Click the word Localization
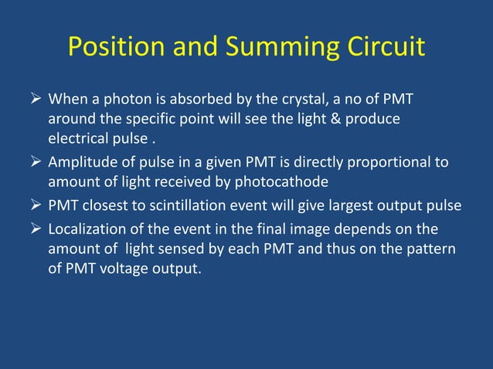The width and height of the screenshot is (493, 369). click(x=88, y=230)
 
